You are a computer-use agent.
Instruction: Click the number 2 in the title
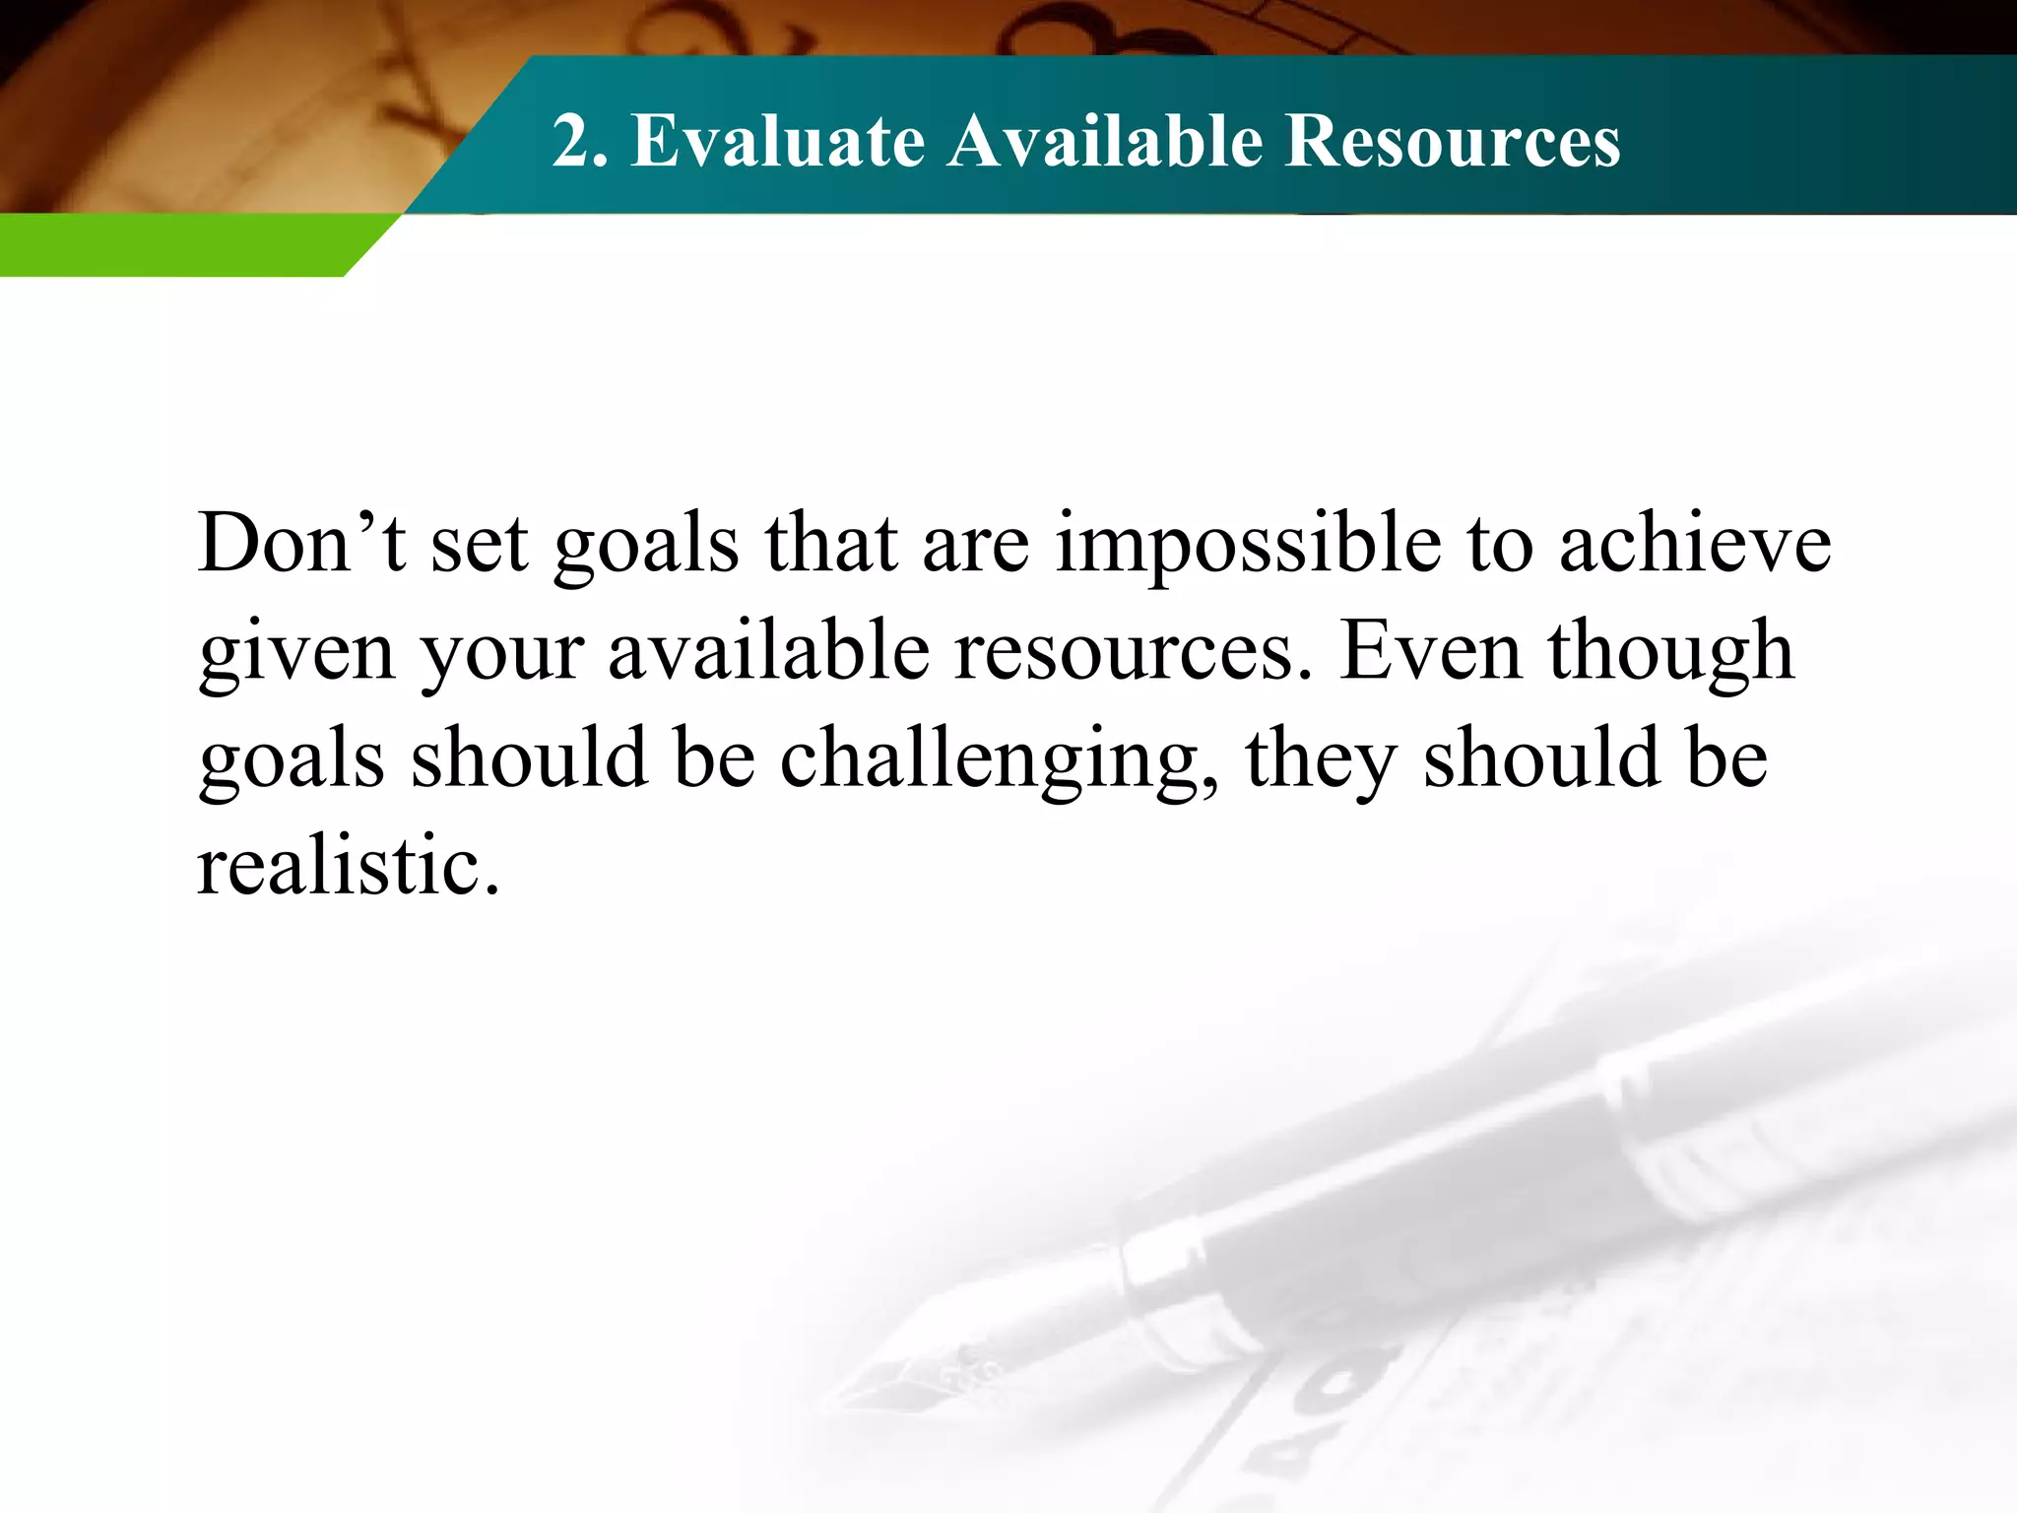coord(572,141)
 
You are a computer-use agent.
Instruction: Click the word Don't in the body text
coord(301,544)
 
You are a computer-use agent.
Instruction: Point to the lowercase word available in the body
coord(768,651)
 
